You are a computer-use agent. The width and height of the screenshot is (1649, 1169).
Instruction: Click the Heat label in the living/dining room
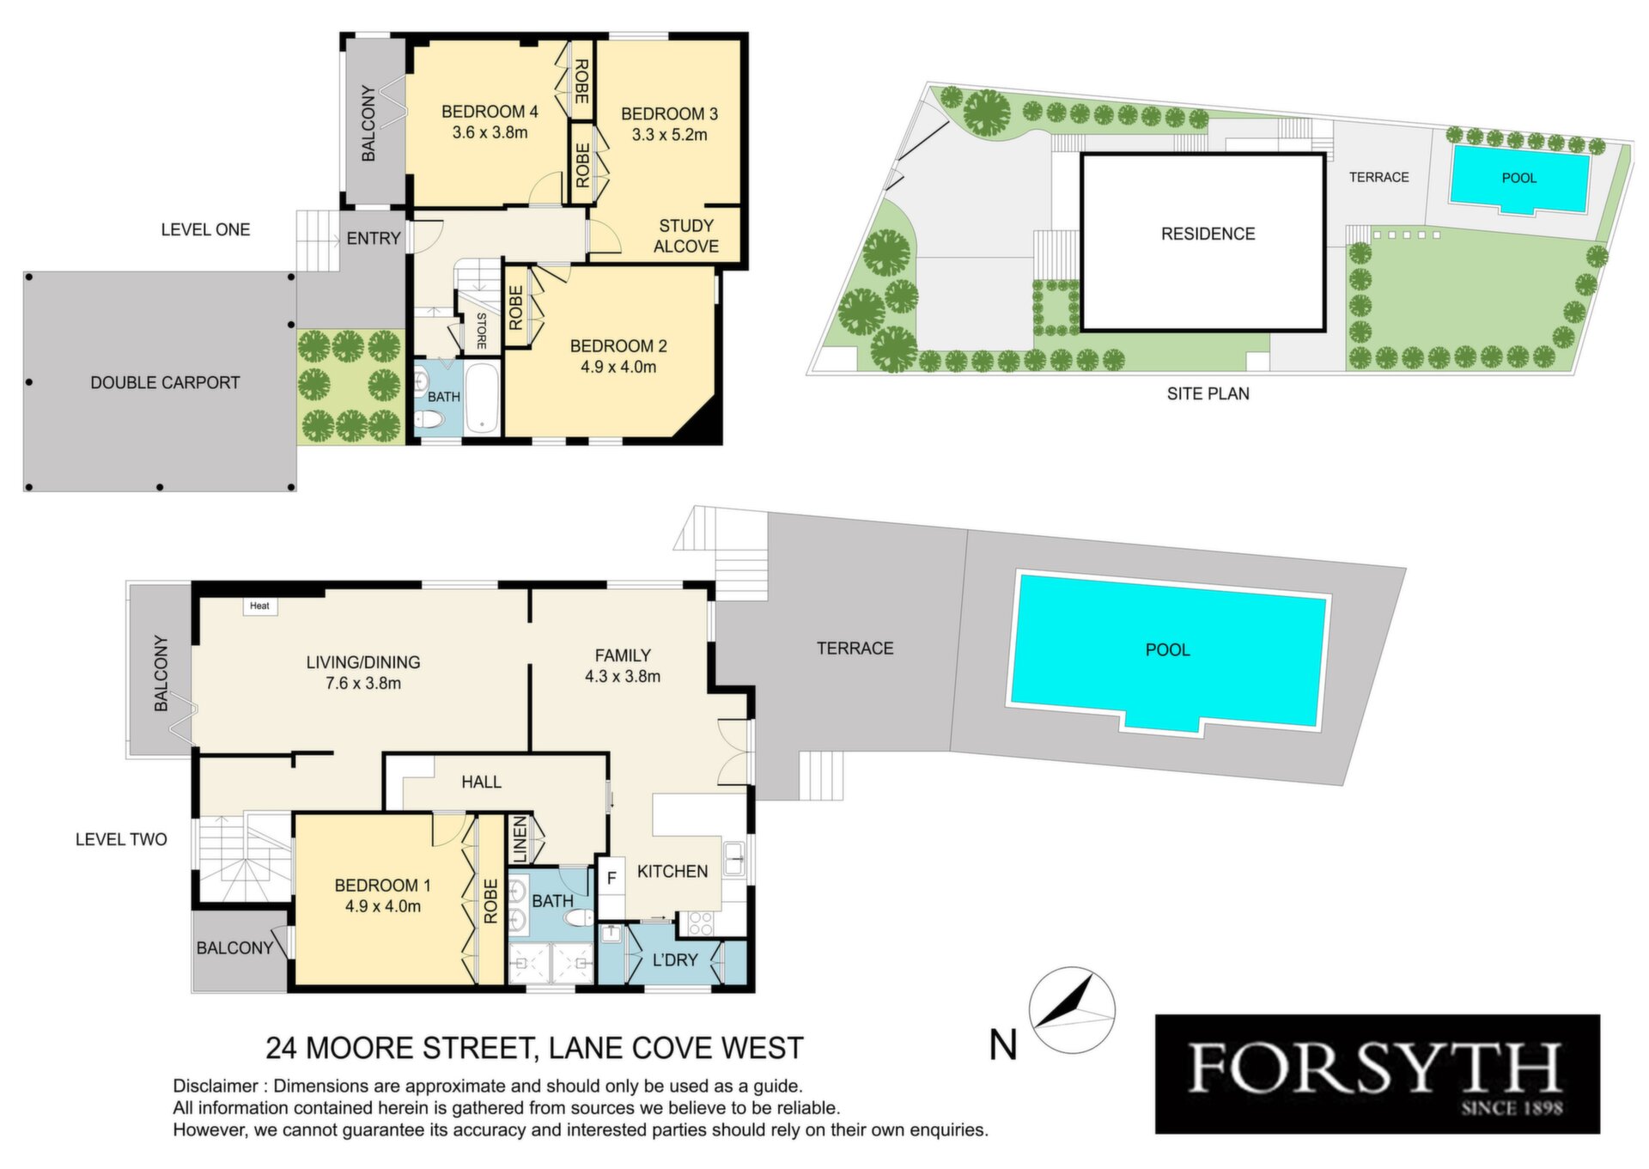[x=259, y=606]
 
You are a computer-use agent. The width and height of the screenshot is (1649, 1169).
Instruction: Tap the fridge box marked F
[x=612, y=879]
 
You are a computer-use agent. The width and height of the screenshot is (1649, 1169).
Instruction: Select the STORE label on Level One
[x=482, y=331]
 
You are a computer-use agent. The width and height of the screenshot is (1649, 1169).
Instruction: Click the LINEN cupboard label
[x=520, y=839]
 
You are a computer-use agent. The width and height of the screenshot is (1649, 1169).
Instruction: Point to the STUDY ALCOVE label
[x=686, y=236]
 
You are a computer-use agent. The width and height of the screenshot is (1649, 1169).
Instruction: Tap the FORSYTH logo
[x=1377, y=1074]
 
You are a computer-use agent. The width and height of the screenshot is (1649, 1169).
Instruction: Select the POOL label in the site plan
[x=1518, y=178]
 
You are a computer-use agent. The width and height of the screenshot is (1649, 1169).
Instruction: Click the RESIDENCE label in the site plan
[x=1208, y=234]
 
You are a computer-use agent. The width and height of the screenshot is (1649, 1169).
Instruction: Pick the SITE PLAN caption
[x=1208, y=393]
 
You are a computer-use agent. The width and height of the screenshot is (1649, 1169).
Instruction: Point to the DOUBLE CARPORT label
[x=165, y=382]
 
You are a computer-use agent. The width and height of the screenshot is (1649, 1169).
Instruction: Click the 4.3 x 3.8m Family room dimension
[x=623, y=676]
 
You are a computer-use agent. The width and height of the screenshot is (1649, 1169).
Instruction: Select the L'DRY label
[x=675, y=959]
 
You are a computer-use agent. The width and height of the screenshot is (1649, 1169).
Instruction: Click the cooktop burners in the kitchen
[x=700, y=923]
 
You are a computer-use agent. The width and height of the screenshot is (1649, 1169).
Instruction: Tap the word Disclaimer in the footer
[x=215, y=1086]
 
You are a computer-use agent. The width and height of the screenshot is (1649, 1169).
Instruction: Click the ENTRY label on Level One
[x=374, y=238]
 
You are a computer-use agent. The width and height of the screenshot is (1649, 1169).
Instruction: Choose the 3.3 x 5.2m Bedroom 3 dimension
[x=669, y=135]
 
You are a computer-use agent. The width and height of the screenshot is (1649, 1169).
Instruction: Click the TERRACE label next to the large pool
[x=855, y=648]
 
